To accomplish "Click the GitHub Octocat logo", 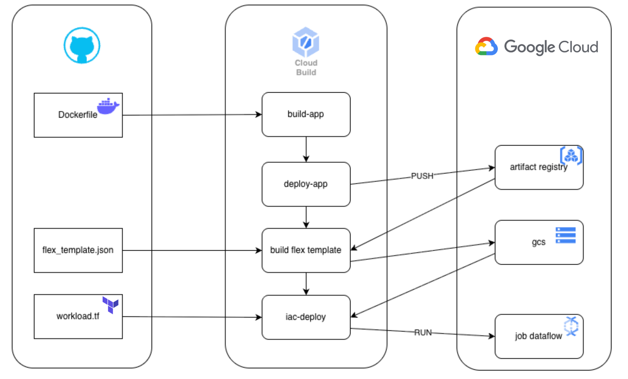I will click(82, 45).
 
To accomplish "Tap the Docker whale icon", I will click(108, 106).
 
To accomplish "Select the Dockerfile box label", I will click(78, 115).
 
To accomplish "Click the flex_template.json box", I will click(78, 250).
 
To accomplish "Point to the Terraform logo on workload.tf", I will click(111, 305).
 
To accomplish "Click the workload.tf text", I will click(78, 316).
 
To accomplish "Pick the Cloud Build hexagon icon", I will click(306, 42).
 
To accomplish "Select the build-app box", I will click(306, 114).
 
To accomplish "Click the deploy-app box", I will click(306, 184).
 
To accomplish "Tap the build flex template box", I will click(306, 250).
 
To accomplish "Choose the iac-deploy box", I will click(306, 317).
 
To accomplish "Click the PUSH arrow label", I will click(422, 176).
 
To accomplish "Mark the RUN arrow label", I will click(423, 333).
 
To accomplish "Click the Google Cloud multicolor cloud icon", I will click(486, 46).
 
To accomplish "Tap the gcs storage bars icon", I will click(565, 235).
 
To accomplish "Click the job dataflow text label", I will click(539, 336).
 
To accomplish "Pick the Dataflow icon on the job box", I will click(571, 326).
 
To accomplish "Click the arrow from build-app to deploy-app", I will click(306, 149).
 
